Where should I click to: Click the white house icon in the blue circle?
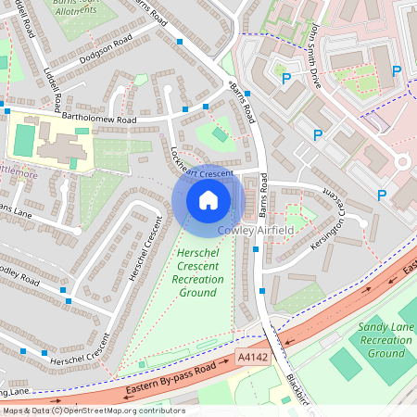coord(208,200)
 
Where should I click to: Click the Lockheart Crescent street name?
coord(201,166)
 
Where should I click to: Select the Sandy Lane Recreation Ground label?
coord(386,340)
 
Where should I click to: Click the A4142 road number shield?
coord(252,357)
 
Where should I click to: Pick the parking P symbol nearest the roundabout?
coord(381,195)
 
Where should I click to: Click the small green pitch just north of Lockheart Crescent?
coord(220,136)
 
